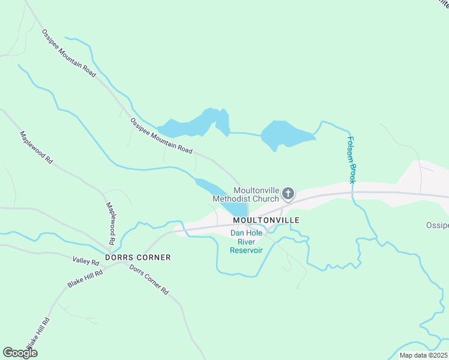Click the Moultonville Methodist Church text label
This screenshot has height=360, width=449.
click(246, 194)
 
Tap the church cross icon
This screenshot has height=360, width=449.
click(288, 193)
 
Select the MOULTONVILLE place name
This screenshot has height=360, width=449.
click(266, 220)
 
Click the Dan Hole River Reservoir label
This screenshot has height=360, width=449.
click(247, 242)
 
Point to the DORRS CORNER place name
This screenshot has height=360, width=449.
click(138, 257)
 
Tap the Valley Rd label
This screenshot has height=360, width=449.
click(85, 260)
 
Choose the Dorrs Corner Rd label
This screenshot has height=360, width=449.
click(149, 279)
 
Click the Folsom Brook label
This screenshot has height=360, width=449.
click(352, 159)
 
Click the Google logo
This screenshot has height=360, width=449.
click(20, 352)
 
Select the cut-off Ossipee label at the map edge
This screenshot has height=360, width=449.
click(438, 225)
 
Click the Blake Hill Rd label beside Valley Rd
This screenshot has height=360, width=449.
click(85, 279)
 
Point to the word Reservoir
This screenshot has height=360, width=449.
click(247, 250)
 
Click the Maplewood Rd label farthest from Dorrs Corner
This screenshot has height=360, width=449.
click(37, 149)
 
